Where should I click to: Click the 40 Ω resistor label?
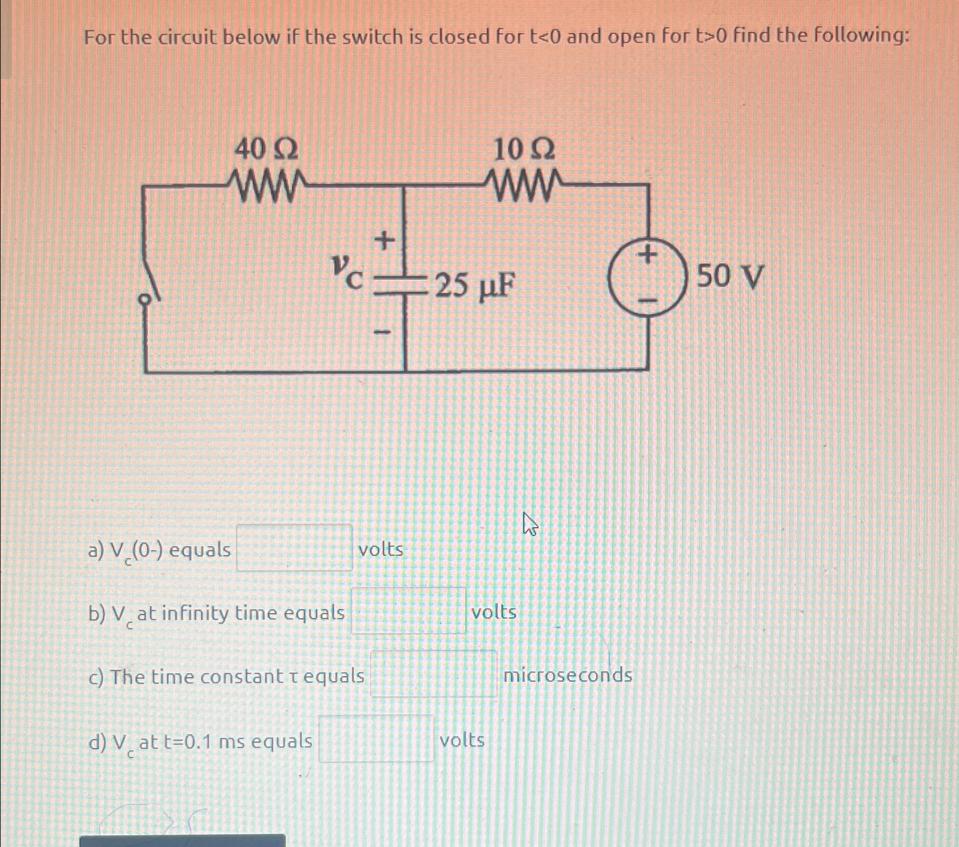[x=266, y=150]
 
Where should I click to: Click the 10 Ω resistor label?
[x=523, y=150]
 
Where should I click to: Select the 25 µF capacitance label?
[x=475, y=286]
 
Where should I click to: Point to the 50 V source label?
[x=730, y=277]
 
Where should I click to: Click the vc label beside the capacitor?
[x=345, y=271]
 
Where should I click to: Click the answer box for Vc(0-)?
[x=294, y=548]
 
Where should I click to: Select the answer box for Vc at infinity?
[x=409, y=611]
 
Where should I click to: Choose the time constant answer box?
[x=433, y=674]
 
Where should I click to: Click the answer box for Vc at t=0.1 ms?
[x=376, y=739]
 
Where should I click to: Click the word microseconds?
[x=567, y=675]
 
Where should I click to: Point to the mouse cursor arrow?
[x=529, y=523]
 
